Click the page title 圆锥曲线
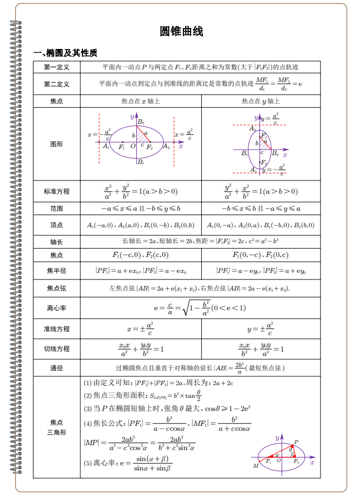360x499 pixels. [x=181, y=31]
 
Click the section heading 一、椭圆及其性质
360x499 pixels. [x=65, y=53]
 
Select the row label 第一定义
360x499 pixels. [x=57, y=67]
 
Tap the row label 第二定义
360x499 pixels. [x=57, y=84]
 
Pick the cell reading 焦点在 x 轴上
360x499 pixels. [x=141, y=101]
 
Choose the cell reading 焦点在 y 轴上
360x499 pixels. [x=261, y=101]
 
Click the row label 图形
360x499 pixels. [x=57, y=144]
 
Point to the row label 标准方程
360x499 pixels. [x=57, y=191]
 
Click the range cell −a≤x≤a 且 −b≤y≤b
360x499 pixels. [x=141, y=209]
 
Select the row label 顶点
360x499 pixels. [x=57, y=225]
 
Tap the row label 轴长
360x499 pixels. [x=57, y=242]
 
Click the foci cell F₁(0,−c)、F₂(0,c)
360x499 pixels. [x=261, y=255]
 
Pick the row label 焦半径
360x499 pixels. [x=57, y=271]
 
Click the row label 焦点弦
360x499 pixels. [x=57, y=288]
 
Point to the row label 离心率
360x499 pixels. [x=57, y=308]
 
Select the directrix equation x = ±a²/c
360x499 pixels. [x=141, y=328]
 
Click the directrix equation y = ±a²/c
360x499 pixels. [x=261, y=328]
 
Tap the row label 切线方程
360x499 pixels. [x=57, y=349]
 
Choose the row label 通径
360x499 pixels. [x=57, y=368]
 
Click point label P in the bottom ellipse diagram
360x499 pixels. [x=296, y=442]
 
